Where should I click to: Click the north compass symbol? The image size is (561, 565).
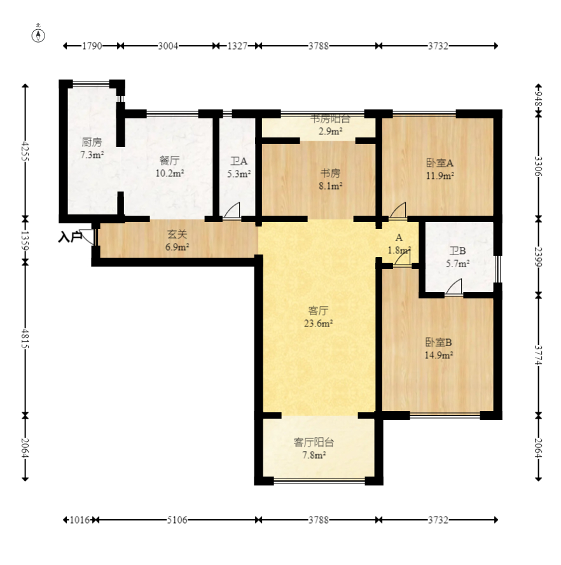tap(38, 35)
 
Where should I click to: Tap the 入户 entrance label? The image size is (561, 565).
tap(70, 237)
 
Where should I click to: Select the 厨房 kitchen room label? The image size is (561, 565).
tap(92, 143)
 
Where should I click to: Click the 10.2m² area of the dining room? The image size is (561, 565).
tap(170, 173)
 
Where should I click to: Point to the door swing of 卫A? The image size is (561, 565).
tap(232, 211)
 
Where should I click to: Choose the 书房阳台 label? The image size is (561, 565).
tap(330, 118)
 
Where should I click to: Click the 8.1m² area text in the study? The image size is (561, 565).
tap(330, 186)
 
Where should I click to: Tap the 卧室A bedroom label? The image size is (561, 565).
tap(440, 163)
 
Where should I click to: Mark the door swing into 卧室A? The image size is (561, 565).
tap(398, 211)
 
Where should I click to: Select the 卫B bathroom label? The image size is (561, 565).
tap(457, 251)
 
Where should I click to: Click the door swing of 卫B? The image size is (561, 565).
tap(454, 287)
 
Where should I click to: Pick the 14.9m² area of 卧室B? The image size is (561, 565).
tap(438, 355)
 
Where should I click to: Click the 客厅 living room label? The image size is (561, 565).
tap(319, 310)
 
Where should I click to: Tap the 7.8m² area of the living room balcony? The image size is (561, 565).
tap(314, 455)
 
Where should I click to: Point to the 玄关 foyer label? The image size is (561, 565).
tap(177, 235)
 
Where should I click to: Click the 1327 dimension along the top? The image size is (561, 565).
tap(237, 46)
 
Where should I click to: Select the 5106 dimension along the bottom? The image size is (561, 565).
tap(177, 520)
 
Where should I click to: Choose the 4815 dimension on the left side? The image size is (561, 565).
tap(25, 338)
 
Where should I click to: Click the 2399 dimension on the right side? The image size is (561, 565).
tap(538, 256)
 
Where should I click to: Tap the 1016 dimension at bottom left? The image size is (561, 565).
tap(80, 520)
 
